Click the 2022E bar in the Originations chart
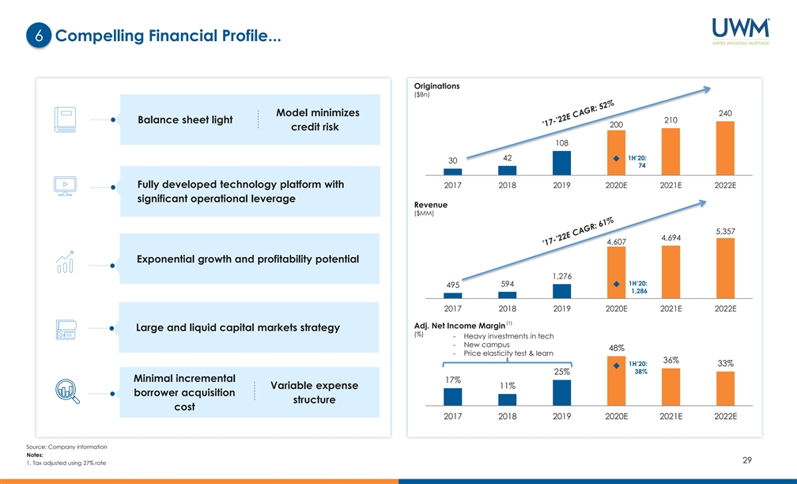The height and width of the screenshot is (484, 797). click(x=725, y=148)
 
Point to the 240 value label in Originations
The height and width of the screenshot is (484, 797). click(x=725, y=114)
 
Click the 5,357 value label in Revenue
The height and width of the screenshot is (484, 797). click(x=725, y=231)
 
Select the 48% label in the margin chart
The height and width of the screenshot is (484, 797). click(x=617, y=348)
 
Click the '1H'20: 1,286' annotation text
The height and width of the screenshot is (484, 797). click(x=638, y=287)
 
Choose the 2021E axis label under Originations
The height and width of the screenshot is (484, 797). click(x=670, y=186)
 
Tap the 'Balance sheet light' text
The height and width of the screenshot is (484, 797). click(x=186, y=120)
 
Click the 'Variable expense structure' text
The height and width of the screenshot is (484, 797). click(x=314, y=392)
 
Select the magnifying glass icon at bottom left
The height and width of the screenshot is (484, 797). click(x=66, y=392)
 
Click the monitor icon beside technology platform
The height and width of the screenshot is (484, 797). click(x=65, y=187)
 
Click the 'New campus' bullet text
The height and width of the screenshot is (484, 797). click(x=486, y=345)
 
